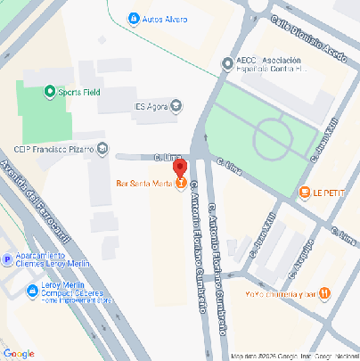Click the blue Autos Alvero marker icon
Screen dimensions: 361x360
(x=133, y=18)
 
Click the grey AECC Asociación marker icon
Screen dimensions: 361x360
(x=228, y=64)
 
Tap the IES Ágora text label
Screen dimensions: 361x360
(x=151, y=107)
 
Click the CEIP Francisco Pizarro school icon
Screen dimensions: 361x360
(x=104, y=148)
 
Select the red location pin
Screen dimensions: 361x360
(x=179, y=168)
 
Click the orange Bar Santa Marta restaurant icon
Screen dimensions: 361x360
(x=181, y=185)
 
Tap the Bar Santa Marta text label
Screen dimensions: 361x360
(x=144, y=185)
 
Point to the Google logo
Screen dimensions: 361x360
(x=18, y=354)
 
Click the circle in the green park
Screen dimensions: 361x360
(x=274, y=138)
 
